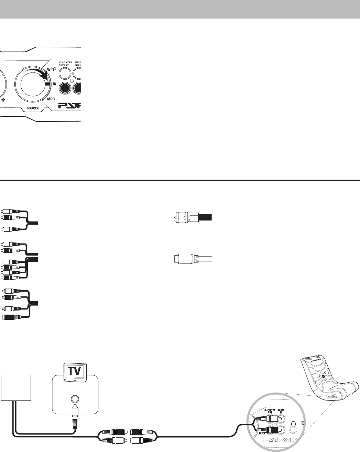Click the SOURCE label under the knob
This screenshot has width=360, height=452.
(x=30, y=108)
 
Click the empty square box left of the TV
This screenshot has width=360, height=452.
(x=16, y=388)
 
